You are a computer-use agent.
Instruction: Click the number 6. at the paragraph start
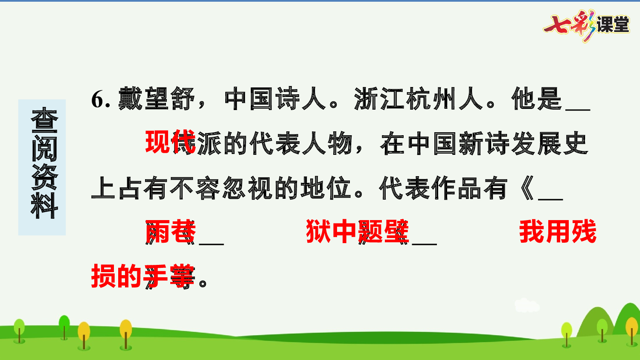click(x=101, y=99)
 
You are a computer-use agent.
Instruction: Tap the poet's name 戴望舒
click(x=156, y=99)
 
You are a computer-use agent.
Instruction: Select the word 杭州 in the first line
click(x=431, y=99)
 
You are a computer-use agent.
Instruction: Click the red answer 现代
click(x=170, y=142)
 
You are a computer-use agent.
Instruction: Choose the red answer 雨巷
click(x=170, y=232)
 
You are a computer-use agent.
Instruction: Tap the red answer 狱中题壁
click(x=357, y=232)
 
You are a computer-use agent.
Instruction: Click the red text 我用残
click(x=557, y=232)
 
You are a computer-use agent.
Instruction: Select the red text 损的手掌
click(x=143, y=276)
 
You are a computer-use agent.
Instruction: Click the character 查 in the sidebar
click(x=44, y=120)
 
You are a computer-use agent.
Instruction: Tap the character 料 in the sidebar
click(x=44, y=206)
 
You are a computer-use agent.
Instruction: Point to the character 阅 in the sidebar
click(x=44, y=148)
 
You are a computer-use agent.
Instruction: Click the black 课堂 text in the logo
click(x=613, y=25)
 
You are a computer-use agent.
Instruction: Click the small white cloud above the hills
click(x=527, y=305)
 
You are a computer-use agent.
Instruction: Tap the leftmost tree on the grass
click(x=19, y=330)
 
